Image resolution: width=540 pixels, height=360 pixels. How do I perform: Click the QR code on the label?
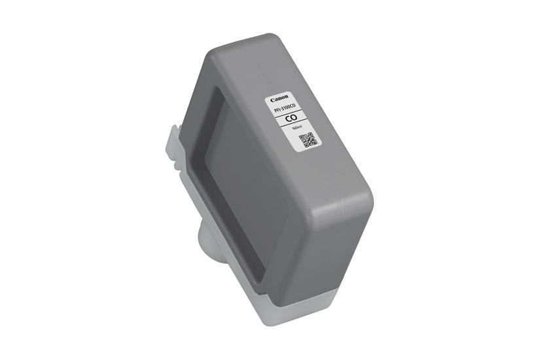tap(308, 139)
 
